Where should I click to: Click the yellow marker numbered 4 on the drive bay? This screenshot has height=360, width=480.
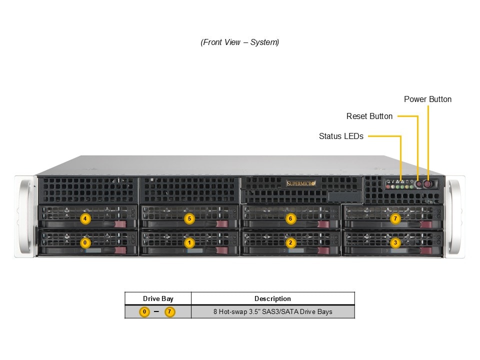tap(85, 218)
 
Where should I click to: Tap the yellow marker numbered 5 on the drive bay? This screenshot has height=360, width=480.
tap(189, 218)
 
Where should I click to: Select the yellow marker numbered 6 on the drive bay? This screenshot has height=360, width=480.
tap(290, 218)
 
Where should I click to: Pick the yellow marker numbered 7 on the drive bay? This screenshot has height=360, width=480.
tap(395, 218)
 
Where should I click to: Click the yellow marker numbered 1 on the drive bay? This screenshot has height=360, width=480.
tap(189, 243)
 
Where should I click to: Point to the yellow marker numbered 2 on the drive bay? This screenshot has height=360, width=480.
tap(290, 243)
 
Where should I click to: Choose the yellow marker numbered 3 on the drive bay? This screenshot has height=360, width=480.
tap(395, 243)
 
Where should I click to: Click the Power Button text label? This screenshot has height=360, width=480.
tap(427, 99)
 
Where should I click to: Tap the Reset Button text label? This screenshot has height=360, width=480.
tap(369, 116)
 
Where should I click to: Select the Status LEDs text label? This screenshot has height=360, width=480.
tap(341, 136)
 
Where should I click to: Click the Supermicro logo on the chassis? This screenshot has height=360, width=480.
tap(301, 183)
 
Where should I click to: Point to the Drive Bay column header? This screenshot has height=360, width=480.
tap(158, 299)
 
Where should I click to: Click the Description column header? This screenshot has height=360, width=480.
tap(272, 299)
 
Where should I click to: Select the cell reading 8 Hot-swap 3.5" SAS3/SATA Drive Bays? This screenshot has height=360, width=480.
tap(272, 312)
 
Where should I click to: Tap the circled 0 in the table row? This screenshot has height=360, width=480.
tap(144, 312)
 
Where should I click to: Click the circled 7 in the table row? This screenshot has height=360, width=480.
tap(170, 312)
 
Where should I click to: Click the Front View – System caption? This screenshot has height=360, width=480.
tap(240, 42)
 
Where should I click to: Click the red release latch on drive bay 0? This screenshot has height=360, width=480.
tap(120, 249)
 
